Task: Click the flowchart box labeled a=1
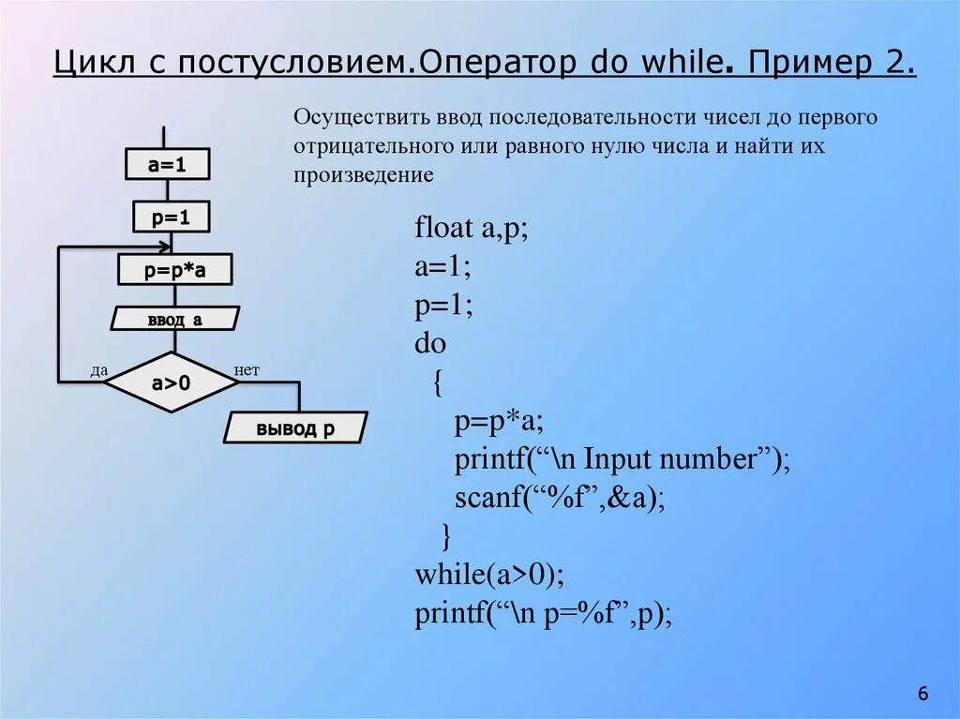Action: click(x=167, y=165)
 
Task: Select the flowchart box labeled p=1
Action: click(x=171, y=217)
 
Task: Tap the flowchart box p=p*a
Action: click(x=174, y=271)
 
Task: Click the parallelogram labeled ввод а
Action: click(x=174, y=320)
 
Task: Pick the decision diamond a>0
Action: click(x=171, y=382)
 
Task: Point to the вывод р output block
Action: click(x=295, y=429)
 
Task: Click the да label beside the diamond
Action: click(x=98, y=371)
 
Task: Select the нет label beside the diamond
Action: click(x=247, y=371)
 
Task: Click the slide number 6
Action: click(x=922, y=694)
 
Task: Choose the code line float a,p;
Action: click(x=472, y=229)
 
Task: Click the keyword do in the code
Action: click(x=430, y=344)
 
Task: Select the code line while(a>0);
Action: click(x=490, y=574)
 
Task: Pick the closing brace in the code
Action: click(x=446, y=535)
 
